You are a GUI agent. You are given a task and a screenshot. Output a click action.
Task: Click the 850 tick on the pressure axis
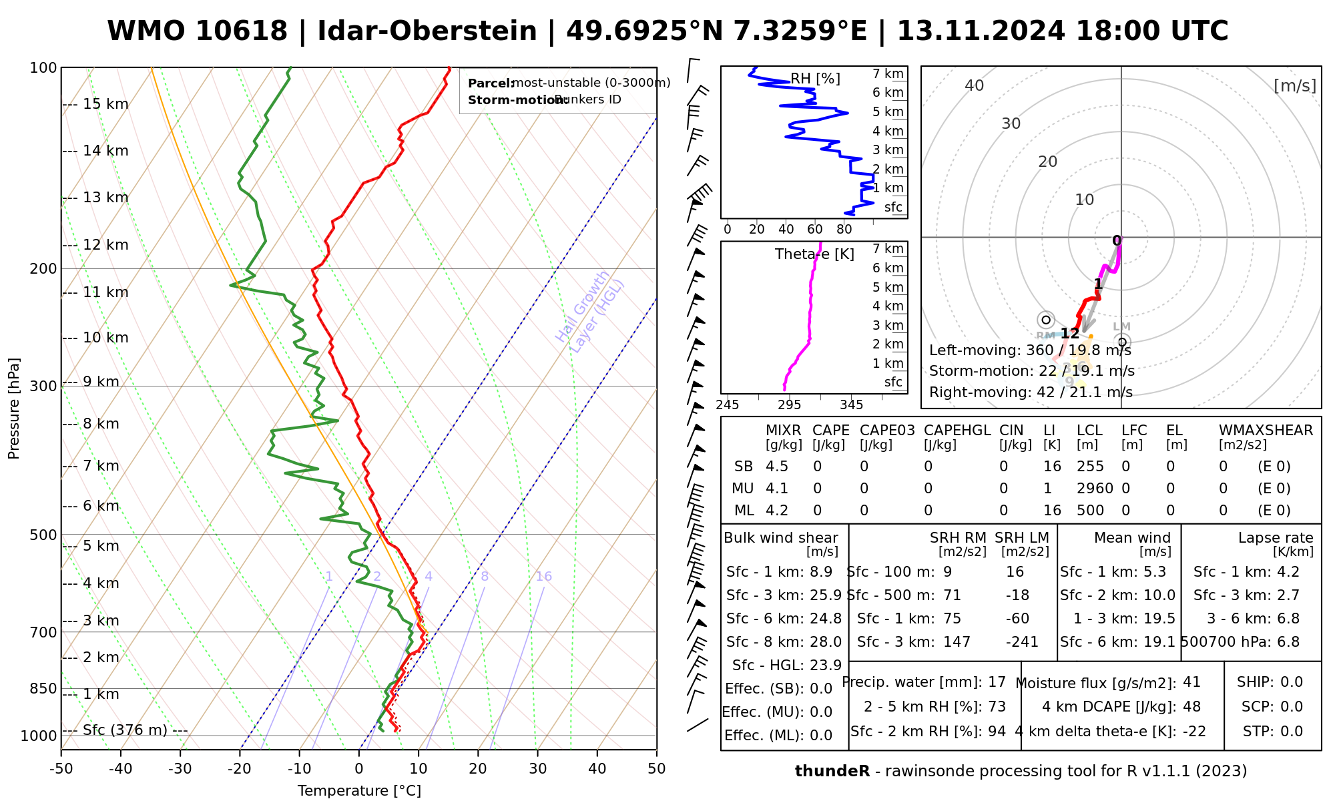pyautogui.click(x=44, y=688)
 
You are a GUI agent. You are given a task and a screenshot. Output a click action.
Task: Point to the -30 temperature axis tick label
pyautogui.click(x=180, y=769)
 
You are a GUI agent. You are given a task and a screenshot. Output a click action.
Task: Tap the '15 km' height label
pyautogui.click(x=105, y=104)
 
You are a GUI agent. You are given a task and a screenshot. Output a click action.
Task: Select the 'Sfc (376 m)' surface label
pyautogui.click(x=125, y=730)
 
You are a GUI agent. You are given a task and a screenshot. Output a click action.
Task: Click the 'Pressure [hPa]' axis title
pyautogui.click(x=14, y=409)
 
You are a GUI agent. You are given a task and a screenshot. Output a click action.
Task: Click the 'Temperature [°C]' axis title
pyautogui.click(x=359, y=791)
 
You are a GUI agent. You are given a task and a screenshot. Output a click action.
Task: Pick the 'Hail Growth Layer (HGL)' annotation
pyautogui.click(x=590, y=312)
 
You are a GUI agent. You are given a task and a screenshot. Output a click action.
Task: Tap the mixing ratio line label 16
pyautogui.click(x=543, y=577)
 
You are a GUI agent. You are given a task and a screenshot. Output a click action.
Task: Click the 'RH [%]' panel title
pyautogui.click(x=815, y=79)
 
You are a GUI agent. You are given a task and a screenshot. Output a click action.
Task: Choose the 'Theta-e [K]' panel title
pyautogui.click(x=814, y=254)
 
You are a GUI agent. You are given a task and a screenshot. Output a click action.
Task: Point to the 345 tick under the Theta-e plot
pyautogui.click(x=851, y=405)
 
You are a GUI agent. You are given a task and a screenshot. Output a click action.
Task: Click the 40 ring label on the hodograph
pyautogui.click(x=975, y=85)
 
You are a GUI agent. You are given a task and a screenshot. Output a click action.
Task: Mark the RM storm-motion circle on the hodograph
pyautogui.click(x=1046, y=320)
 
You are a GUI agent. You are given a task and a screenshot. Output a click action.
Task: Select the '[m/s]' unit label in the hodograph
pyautogui.click(x=1295, y=86)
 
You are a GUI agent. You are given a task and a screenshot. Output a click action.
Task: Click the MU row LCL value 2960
pyautogui.click(x=1095, y=489)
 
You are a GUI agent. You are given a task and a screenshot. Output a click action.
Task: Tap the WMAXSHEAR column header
pyautogui.click(x=1266, y=431)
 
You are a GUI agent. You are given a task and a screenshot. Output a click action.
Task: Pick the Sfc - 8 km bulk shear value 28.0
pyautogui.click(x=826, y=642)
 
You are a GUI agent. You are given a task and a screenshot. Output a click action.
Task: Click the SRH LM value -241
pyautogui.click(x=1022, y=642)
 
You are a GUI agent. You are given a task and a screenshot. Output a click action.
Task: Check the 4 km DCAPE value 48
pyautogui.click(x=1191, y=707)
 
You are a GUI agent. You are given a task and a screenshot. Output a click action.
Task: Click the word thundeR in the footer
pyautogui.click(x=832, y=772)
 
